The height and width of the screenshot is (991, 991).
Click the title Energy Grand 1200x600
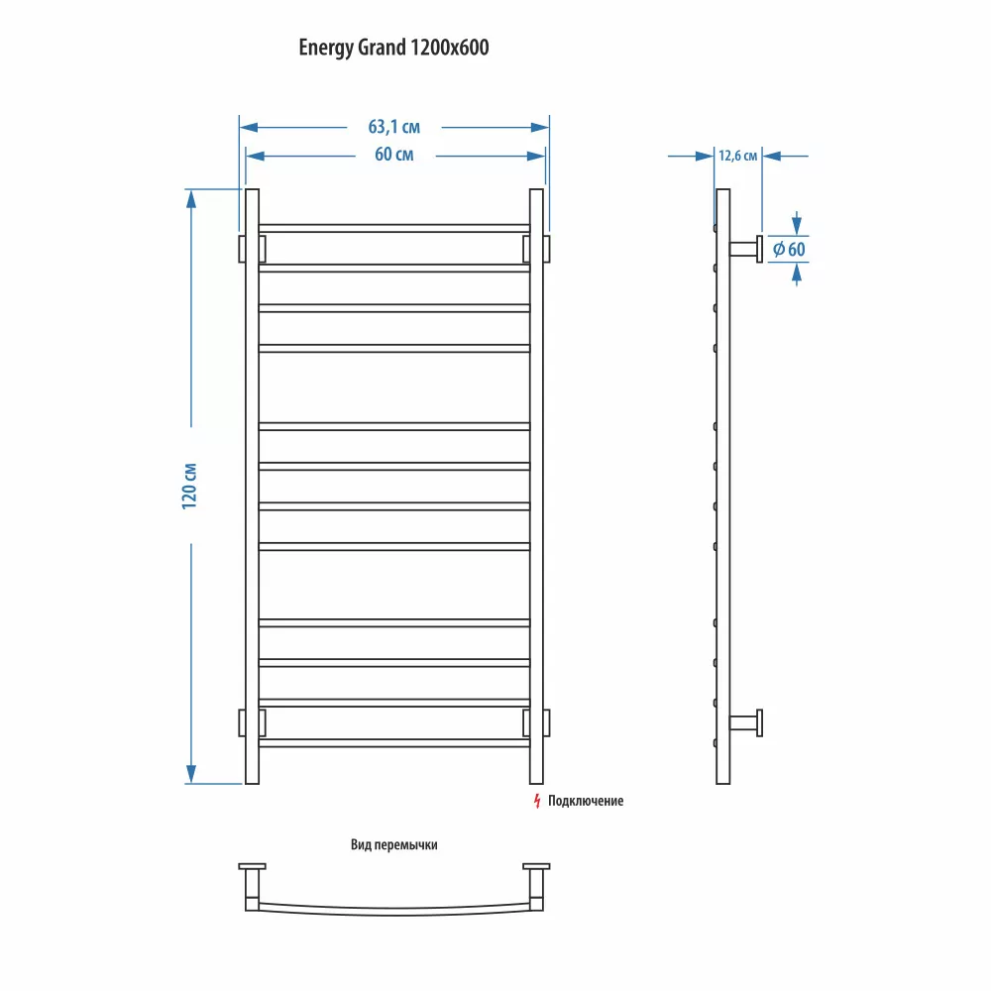[393, 49]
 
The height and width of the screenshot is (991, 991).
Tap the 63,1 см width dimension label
[393, 127]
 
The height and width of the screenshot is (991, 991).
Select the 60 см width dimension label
[393, 156]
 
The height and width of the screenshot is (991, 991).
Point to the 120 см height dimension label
[191, 486]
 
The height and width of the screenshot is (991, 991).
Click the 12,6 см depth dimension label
[737, 156]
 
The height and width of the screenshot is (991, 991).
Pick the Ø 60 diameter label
[789, 249]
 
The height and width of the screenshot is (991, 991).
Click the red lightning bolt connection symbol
[536, 800]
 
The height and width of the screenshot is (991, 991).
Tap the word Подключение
[587, 801]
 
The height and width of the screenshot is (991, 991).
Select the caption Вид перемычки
[393, 845]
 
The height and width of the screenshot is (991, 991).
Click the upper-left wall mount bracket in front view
[242, 249]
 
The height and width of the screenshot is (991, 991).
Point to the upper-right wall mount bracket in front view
[546, 249]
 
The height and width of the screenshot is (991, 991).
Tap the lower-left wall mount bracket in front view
[242, 723]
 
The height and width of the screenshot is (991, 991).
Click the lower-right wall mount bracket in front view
[546, 723]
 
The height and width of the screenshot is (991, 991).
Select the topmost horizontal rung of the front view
[394, 228]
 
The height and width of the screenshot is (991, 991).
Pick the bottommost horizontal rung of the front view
[394, 742]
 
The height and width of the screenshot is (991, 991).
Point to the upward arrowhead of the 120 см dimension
[191, 198]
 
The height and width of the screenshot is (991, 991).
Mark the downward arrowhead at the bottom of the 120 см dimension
[191, 773]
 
